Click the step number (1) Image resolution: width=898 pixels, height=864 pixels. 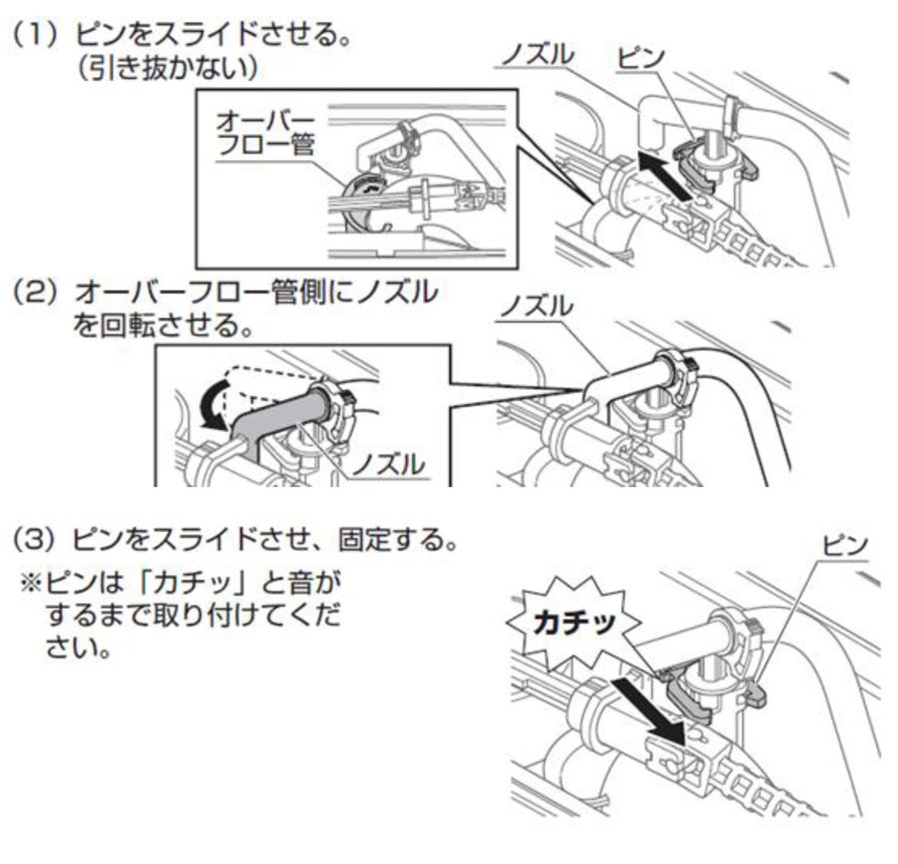[36, 35]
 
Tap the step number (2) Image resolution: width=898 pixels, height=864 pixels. [36, 292]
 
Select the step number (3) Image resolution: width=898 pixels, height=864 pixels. [36, 540]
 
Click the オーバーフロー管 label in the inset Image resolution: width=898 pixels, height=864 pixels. [265, 134]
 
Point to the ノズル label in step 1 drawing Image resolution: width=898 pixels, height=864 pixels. [537, 55]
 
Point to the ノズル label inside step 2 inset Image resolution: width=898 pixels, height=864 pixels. [388, 465]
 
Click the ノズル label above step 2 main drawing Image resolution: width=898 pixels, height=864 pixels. [537, 306]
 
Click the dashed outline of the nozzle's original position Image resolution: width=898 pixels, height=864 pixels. [269, 378]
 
